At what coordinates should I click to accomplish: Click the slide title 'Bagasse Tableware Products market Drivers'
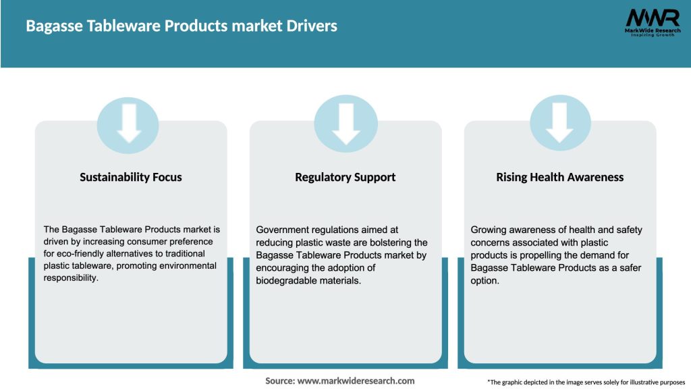(182, 26)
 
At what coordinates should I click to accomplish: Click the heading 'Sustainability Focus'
(131, 177)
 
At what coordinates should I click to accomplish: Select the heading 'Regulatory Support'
(345, 177)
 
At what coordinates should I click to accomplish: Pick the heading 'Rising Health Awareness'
(559, 177)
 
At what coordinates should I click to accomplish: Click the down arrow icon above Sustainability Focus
(128, 124)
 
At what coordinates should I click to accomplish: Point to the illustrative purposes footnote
(586, 382)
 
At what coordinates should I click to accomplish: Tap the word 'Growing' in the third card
(490, 230)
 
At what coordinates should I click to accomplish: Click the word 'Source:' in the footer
(279, 381)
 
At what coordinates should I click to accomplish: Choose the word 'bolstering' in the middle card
(381, 242)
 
